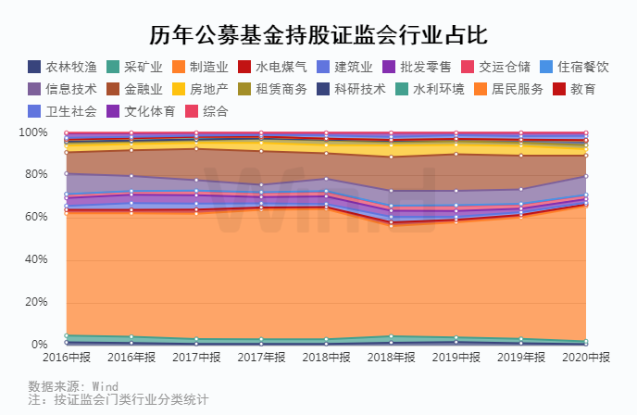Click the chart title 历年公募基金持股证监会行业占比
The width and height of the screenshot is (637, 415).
point(318,35)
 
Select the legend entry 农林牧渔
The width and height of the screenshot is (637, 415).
point(63,67)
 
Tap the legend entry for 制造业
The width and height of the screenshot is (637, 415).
point(199,67)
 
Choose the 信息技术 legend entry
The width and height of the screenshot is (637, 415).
point(63,89)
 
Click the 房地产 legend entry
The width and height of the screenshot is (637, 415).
point(199,89)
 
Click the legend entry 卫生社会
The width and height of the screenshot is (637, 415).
point(63,111)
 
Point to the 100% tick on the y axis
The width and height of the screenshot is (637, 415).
point(31,132)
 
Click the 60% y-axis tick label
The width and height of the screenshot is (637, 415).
point(33,218)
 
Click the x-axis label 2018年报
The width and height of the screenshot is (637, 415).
point(393,357)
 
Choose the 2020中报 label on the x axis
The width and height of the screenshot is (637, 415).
point(585,357)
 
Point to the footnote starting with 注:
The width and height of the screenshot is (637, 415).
point(118,400)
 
